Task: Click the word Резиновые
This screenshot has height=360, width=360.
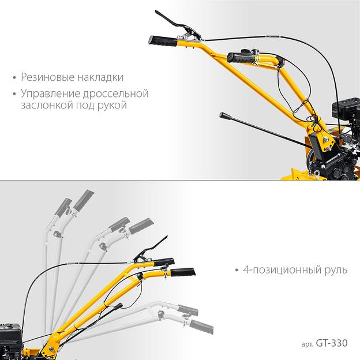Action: pyautogui.click(x=47, y=77)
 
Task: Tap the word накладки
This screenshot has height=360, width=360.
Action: pyautogui.click(x=100, y=77)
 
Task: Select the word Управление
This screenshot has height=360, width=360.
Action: pyautogui.click(x=51, y=94)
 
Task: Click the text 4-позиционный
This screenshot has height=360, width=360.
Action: pyautogui.click(x=282, y=270)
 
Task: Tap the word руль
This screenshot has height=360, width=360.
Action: pyautogui.click(x=336, y=271)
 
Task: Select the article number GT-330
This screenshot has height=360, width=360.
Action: pyautogui.click(x=332, y=343)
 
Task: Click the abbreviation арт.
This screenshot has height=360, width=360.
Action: pyautogui.click(x=307, y=344)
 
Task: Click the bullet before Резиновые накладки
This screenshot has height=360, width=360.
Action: pyautogui.click(x=14, y=78)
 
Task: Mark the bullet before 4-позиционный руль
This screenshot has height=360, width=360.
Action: pyautogui.click(x=237, y=270)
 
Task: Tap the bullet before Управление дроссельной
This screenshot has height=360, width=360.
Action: pyautogui.click(x=14, y=94)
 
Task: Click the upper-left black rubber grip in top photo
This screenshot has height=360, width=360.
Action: pyautogui.click(x=163, y=41)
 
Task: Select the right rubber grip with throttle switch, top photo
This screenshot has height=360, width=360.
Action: pyautogui.click(x=241, y=58)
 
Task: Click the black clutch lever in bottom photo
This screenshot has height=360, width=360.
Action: pyautogui.click(x=151, y=250)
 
